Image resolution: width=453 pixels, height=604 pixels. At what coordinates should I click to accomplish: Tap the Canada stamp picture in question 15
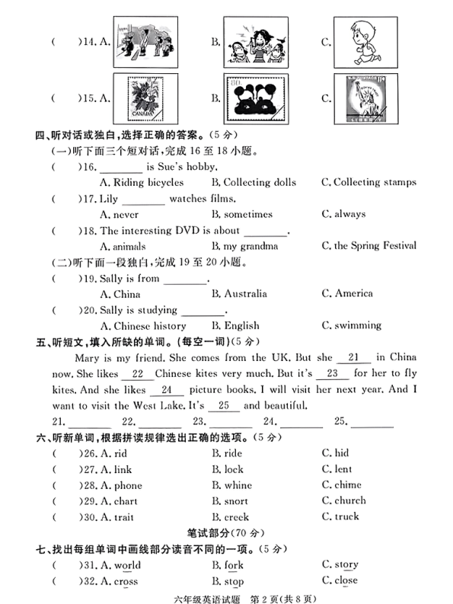[145, 97]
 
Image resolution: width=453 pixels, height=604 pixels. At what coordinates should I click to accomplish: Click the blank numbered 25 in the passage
[223, 406]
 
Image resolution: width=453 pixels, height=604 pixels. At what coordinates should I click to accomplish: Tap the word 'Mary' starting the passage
[88, 358]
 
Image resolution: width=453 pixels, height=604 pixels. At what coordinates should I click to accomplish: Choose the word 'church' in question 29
[349, 500]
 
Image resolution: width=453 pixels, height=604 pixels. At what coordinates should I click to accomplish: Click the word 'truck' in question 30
[346, 516]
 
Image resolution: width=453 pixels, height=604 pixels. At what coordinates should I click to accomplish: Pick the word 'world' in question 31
[126, 565]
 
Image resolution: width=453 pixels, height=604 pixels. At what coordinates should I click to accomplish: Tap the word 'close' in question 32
[346, 580]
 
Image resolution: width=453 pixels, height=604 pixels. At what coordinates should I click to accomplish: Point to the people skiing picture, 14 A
[145, 43]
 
